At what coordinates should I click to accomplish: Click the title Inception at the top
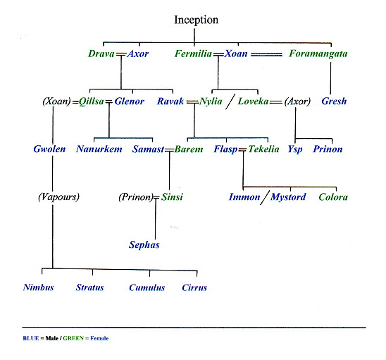click(197, 20)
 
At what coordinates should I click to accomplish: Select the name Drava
click(101, 54)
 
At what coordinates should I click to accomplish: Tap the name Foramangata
click(318, 54)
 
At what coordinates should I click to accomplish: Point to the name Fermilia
click(193, 54)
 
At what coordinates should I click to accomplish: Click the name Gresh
click(334, 101)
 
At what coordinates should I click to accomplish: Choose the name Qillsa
click(92, 101)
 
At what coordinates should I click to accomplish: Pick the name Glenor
click(129, 101)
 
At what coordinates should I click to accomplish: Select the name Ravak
click(170, 101)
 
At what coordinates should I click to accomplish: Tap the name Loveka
click(253, 101)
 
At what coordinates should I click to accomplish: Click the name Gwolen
click(49, 149)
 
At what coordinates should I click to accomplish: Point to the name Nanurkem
click(99, 149)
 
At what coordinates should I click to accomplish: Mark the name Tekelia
click(263, 149)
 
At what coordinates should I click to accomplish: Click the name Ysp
click(295, 149)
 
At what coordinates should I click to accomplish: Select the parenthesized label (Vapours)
click(59, 197)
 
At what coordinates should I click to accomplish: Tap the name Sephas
click(144, 244)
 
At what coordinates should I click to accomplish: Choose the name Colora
click(333, 197)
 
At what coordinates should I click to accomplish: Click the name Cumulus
click(147, 287)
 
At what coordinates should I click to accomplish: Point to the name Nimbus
click(39, 287)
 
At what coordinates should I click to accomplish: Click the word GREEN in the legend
click(73, 338)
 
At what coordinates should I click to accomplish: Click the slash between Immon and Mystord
click(265, 197)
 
